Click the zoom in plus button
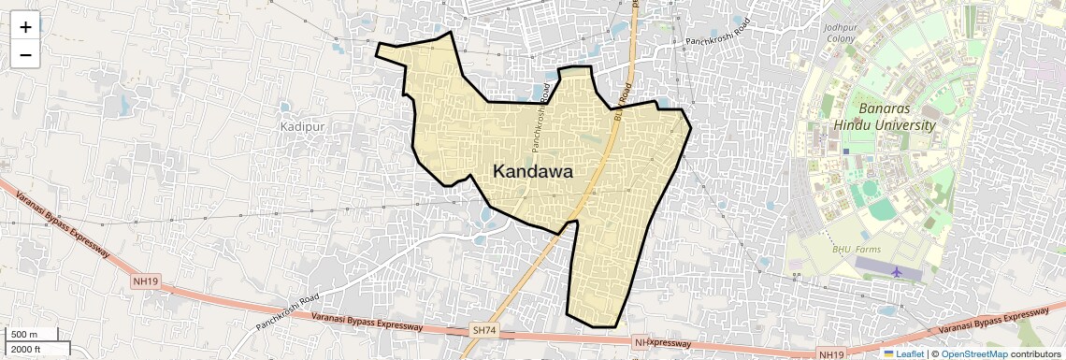[25, 27]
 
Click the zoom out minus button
[25, 55]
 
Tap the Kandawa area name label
[532, 171]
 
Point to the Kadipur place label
[302, 125]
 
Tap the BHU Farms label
[857, 250]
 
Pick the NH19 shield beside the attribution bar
[830, 354]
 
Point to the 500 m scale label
[23, 335]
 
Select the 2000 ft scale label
[26, 350]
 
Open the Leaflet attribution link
[903, 353]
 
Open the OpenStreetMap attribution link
[974, 353]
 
